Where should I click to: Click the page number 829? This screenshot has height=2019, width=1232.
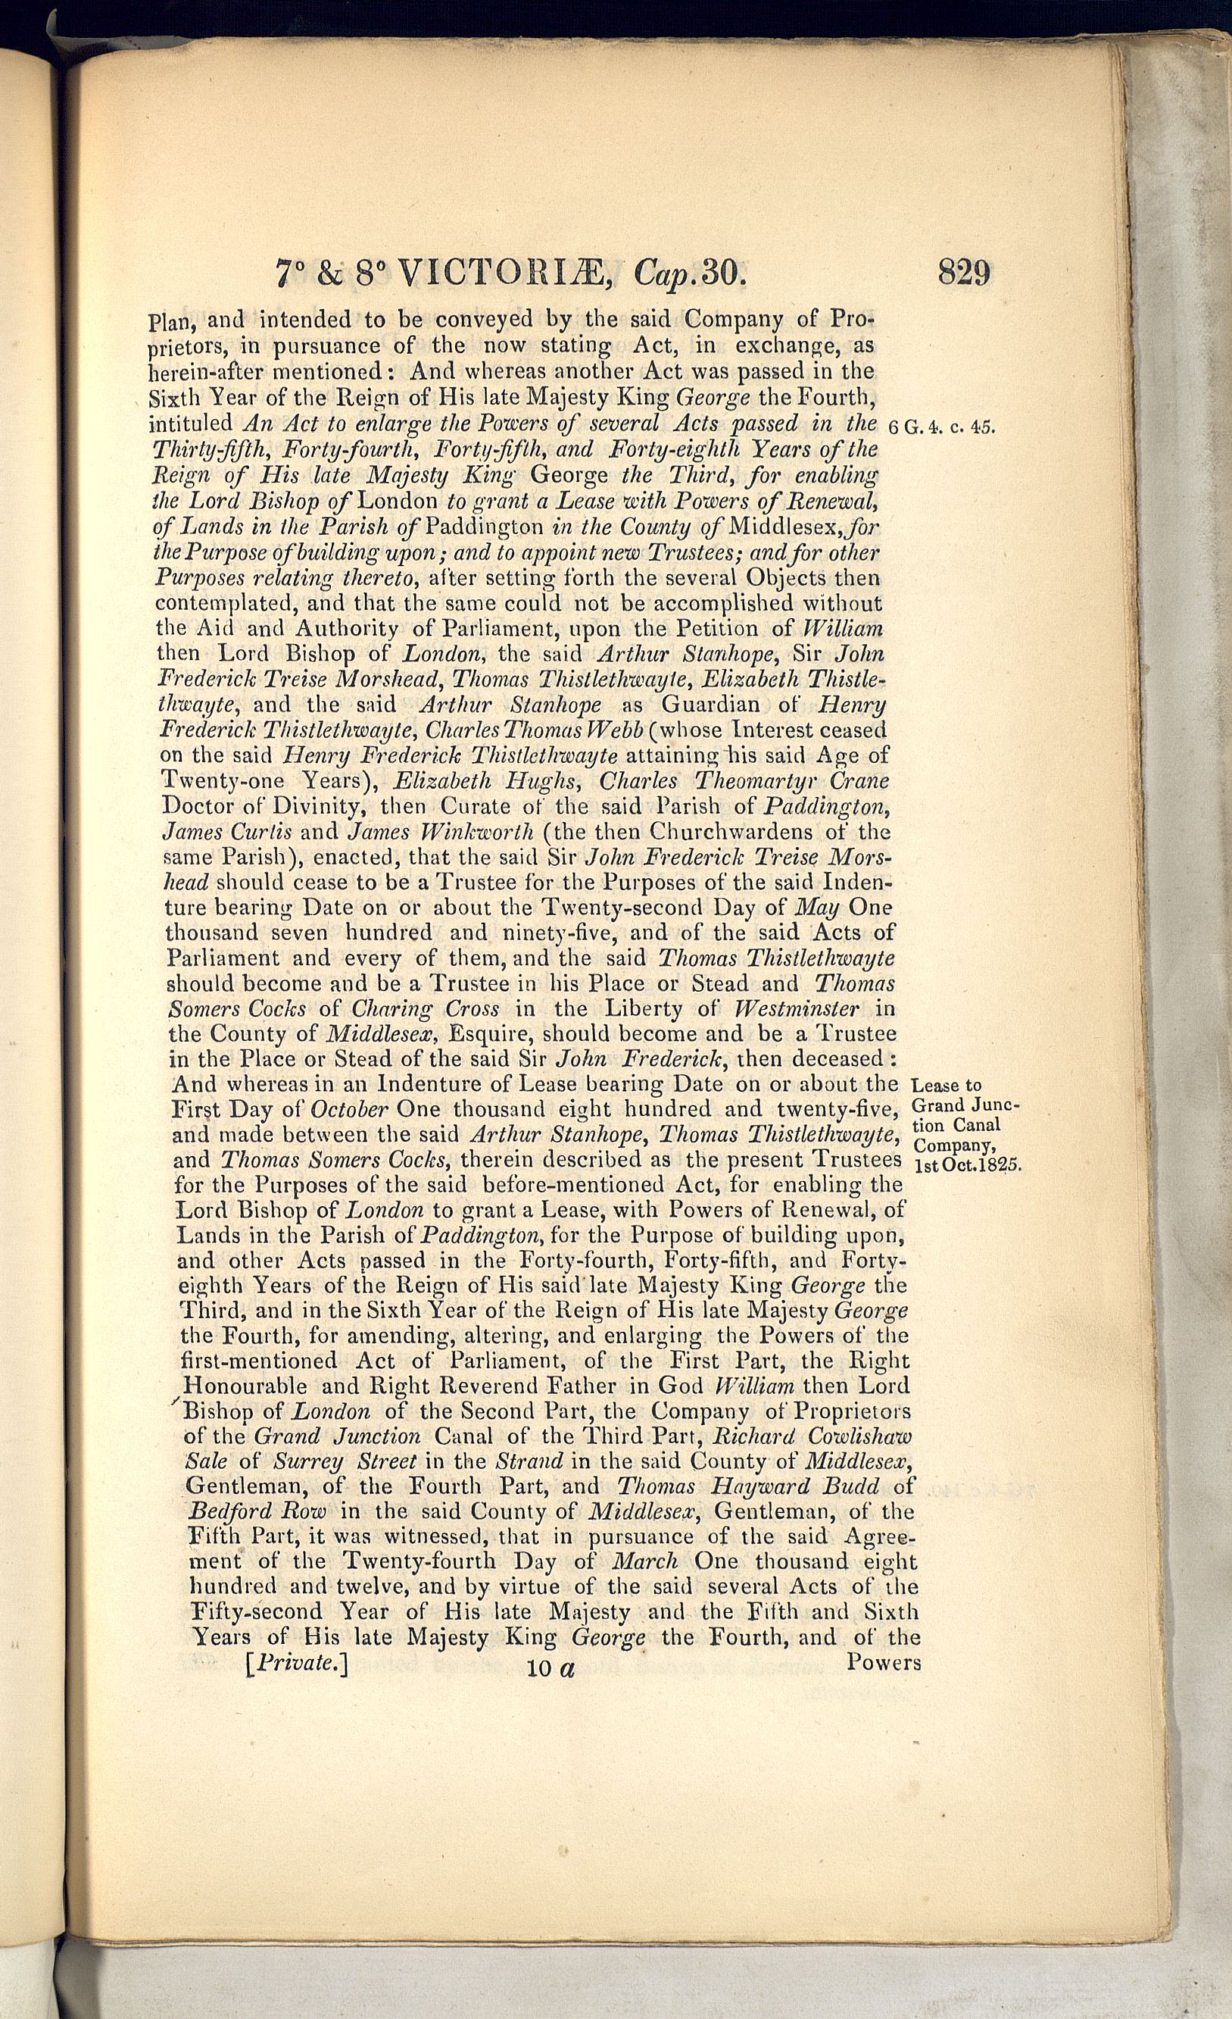pyautogui.click(x=964, y=271)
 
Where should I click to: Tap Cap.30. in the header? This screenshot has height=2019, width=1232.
pyautogui.click(x=690, y=273)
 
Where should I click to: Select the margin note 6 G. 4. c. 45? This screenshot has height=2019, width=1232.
pyautogui.click(x=941, y=427)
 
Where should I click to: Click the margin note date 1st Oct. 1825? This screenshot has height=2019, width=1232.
pyautogui.click(x=967, y=1165)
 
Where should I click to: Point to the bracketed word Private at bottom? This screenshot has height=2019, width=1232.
pyautogui.click(x=298, y=1664)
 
